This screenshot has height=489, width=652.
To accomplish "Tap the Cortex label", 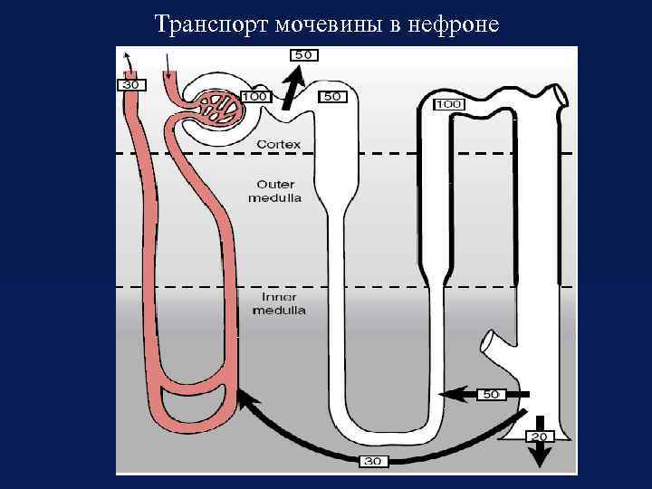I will pos(278,144).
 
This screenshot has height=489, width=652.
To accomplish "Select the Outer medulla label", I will pos(276,190).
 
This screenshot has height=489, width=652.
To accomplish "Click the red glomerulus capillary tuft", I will pos(218,107).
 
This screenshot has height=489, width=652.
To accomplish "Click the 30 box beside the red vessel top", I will pos(131,85).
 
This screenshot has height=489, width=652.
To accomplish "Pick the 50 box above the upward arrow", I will pos(303,55).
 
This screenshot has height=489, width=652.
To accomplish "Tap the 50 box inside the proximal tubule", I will pos(332,96).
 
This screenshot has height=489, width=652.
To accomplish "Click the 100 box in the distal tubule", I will pos(449,104).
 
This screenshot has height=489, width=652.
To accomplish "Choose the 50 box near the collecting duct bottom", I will pos(491,395).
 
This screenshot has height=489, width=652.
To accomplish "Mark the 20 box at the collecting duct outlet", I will pos(539,436).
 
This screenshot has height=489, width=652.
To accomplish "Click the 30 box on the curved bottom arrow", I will pos(372,461).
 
